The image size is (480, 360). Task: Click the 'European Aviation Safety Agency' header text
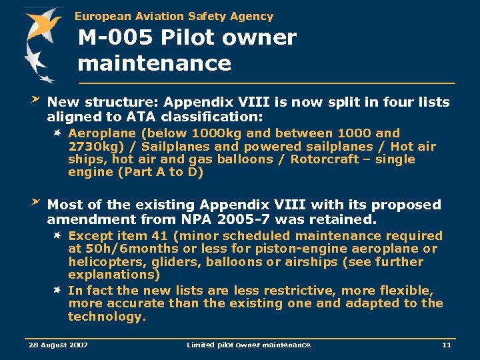pos(173,16)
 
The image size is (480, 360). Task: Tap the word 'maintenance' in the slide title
pos(154,63)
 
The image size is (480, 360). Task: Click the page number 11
pos(447,345)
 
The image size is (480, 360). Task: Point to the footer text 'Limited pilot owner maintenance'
pos(248,345)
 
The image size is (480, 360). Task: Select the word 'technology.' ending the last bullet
pos(107,317)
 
